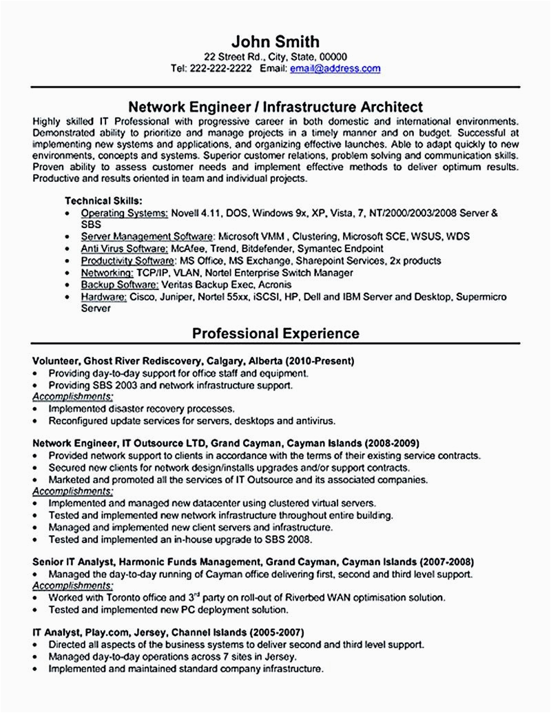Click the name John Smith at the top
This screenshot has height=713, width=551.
[x=275, y=41]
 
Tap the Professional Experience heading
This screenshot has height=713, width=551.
[x=275, y=334]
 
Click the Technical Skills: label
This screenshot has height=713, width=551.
[x=103, y=200]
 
